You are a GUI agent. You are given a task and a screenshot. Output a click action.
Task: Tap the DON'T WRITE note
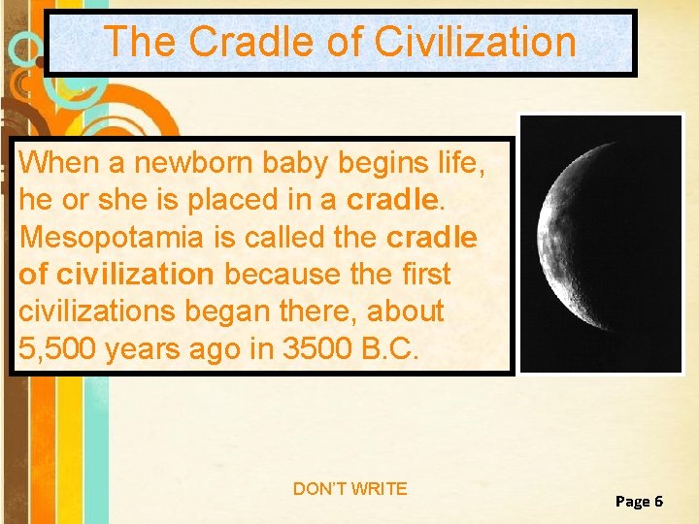pyautogui.click(x=349, y=489)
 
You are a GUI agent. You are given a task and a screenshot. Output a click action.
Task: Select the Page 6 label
pyautogui.click(x=639, y=501)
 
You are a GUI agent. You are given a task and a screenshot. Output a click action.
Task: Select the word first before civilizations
pyautogui.click(x=425, y=275)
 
